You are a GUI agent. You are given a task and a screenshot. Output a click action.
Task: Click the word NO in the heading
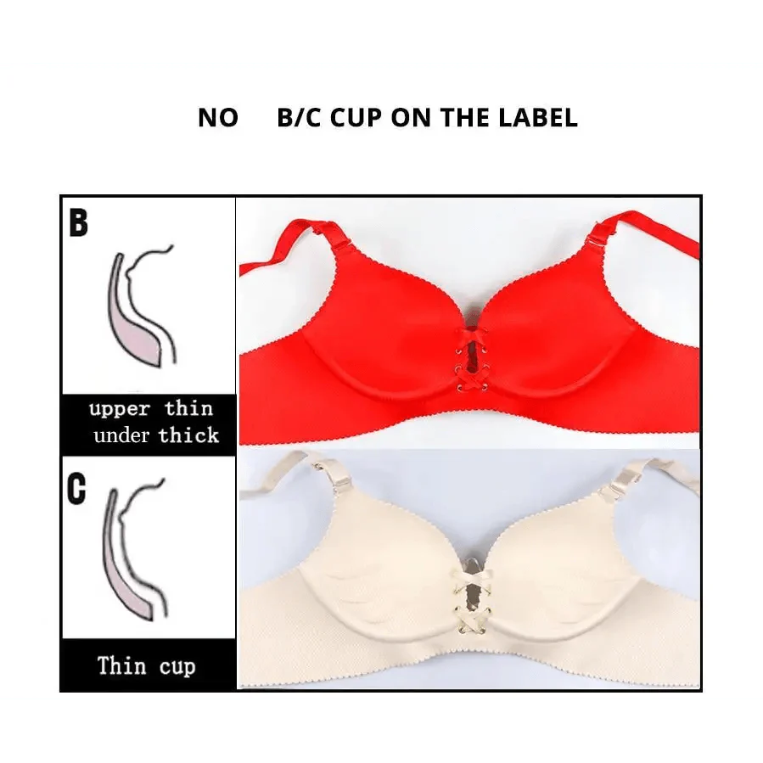218,118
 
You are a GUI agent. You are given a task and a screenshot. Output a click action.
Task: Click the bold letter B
78,223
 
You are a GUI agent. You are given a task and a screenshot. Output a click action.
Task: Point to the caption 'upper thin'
150,409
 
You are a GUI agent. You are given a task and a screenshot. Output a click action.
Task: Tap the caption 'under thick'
156,436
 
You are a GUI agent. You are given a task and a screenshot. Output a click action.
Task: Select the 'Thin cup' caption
146,665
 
